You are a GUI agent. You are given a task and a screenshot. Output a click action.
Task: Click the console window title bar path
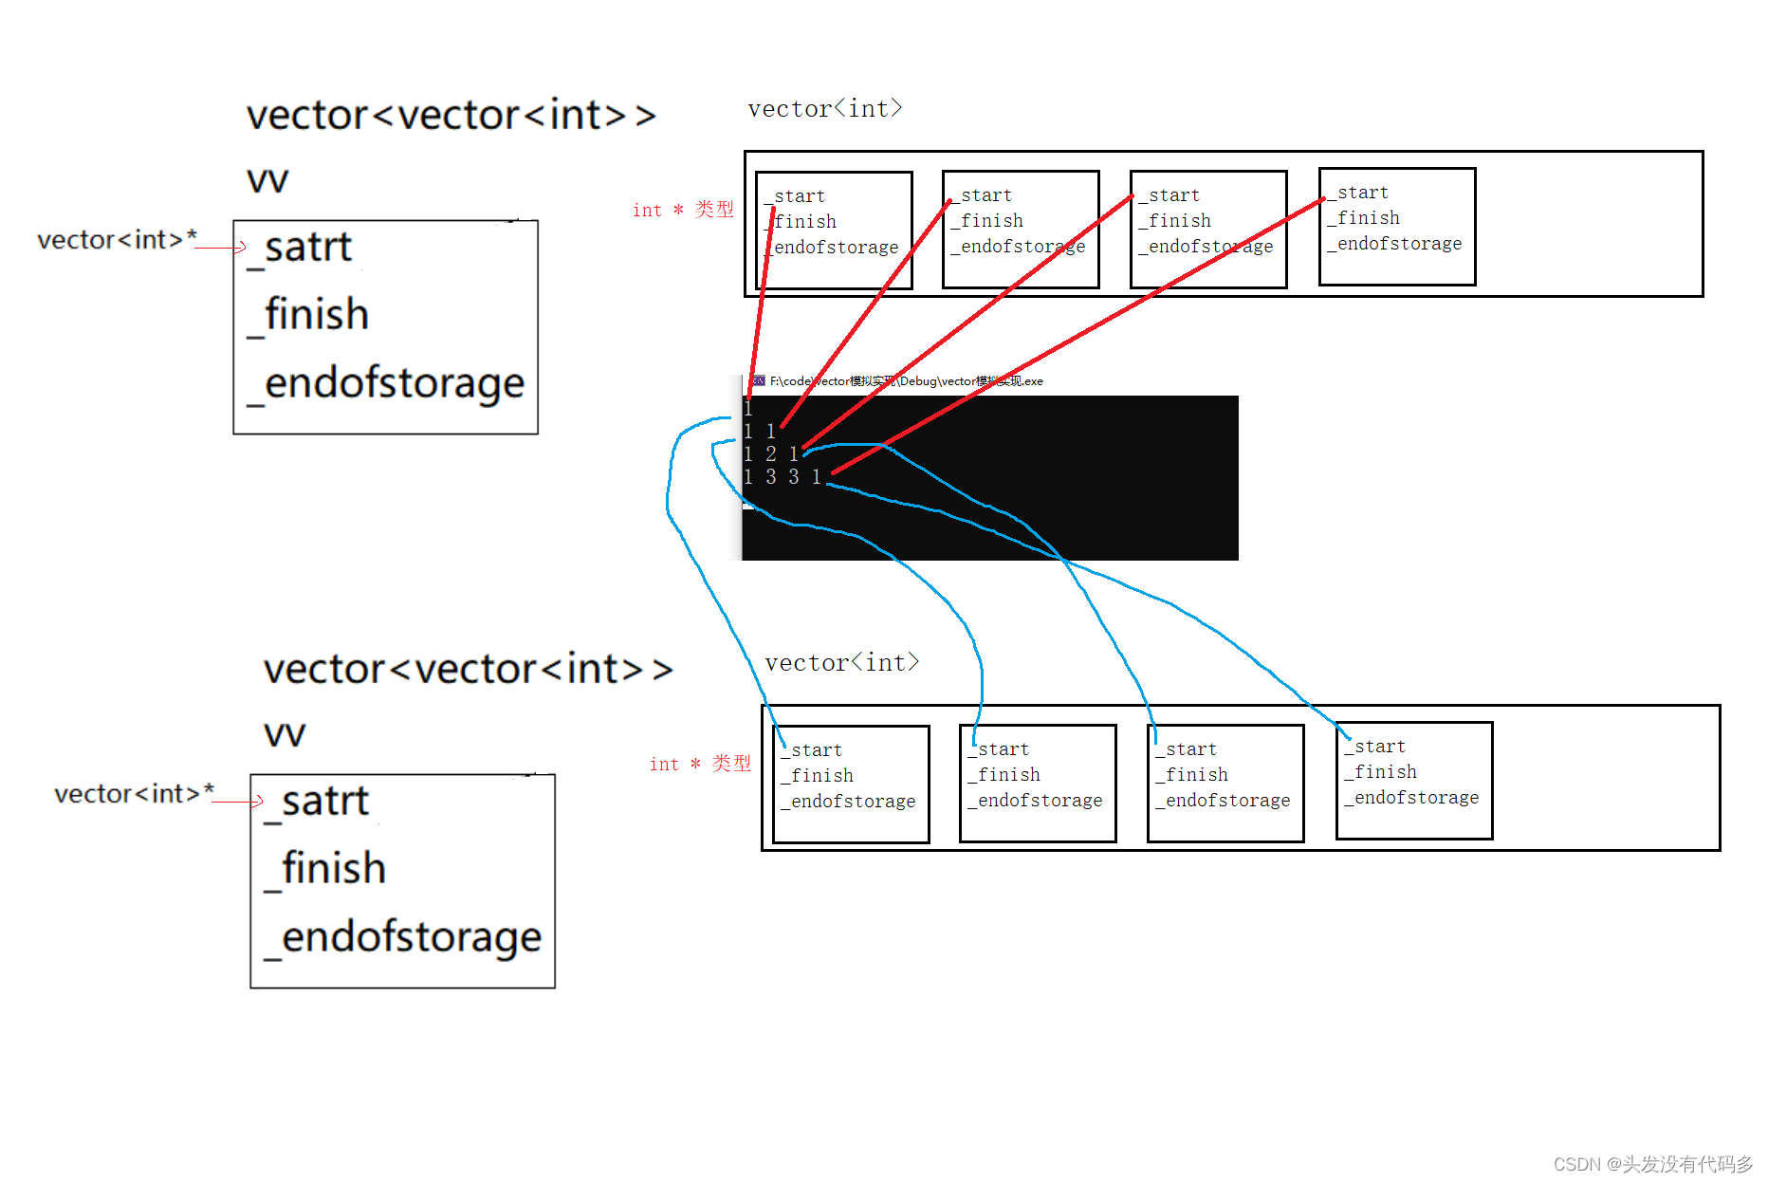coord(906,381)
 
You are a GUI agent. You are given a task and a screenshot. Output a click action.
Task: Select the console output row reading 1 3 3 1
coord(783,477)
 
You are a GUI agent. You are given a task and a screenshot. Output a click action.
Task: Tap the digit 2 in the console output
coord(771,454)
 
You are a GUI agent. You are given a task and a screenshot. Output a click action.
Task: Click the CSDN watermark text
coord(1652,1164)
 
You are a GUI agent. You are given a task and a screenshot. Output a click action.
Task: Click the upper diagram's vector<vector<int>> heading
coord(451,116)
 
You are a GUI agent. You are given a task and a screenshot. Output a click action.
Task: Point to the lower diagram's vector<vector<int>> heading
coord(468,670)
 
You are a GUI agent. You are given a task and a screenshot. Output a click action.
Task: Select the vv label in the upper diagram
coord(267,179)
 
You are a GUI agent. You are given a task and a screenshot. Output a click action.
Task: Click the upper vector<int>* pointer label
coord(117,240)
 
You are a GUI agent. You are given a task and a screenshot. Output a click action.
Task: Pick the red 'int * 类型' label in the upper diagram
coord(683,210)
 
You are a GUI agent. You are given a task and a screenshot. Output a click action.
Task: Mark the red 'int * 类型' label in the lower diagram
coord(700,764)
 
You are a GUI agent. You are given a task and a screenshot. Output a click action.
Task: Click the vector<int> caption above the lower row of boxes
coord(841,662)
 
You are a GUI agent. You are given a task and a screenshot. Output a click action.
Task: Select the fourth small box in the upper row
coord(1396,227)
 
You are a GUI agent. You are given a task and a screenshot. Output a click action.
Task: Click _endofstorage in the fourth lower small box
coord(1411,798)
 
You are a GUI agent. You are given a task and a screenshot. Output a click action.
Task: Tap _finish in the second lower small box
coord(1004,775)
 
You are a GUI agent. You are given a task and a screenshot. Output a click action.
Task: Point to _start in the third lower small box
coord(1187,749)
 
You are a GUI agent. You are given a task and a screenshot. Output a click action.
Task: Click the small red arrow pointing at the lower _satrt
coord(256,802)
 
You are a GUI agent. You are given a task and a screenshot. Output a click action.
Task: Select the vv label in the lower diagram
coord(285,733)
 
